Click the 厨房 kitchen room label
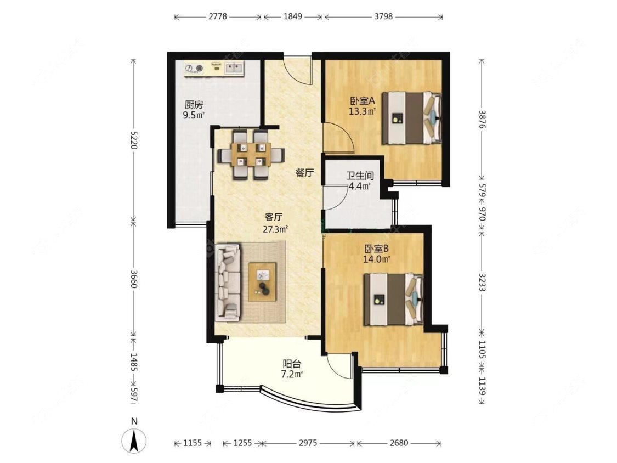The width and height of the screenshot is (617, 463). pyautogui.click(x=194, y=105)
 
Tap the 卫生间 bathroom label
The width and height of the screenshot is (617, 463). pyautogui.click(x=360, y=176)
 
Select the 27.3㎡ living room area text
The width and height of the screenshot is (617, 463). pyautogui.click(x=275, y=229)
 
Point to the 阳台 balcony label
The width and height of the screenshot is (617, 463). pyautogui.click(x=292, y=364)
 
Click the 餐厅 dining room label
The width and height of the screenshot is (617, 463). pyautogui.click(x=304, y=172)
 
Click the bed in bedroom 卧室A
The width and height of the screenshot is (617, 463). pyautogui.click(x=412, y=118)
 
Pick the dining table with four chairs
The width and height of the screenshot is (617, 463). pyautogui.click(x=250, y=154)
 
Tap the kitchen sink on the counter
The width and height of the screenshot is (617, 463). pyautogui.click(x=234, y=69)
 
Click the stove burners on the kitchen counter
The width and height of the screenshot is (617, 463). pyautogui.click(x=194, y=69)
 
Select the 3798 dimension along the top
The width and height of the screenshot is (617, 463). pyautogui.click(x=383, y=16)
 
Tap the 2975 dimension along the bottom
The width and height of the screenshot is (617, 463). pyautogui.click(x=308, y=443)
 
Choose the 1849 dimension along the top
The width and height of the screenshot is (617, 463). pyautogui.click(x=293, y=16)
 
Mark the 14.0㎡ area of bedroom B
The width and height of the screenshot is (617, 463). pyautogui.click(x=377, y=259)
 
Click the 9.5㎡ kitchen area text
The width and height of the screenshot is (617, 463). pyautogui.click(x=194, y=115)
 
